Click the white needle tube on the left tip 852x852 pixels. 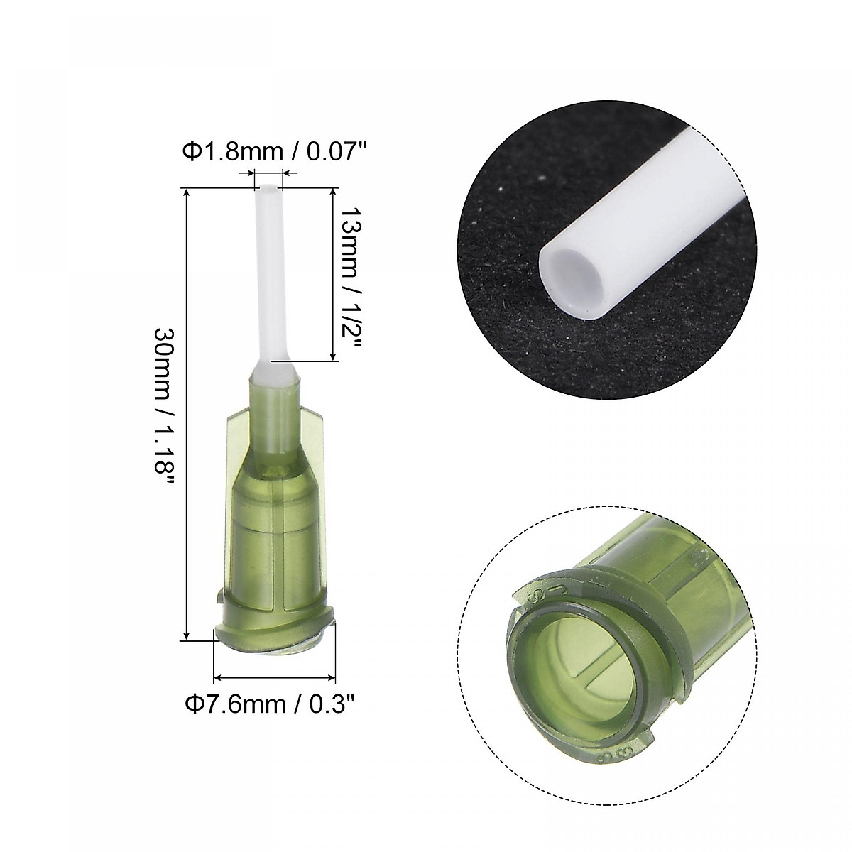[x=268, y=284]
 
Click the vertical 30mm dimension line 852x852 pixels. [x=186, y=412]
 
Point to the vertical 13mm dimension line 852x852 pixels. [x=333, y=275]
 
